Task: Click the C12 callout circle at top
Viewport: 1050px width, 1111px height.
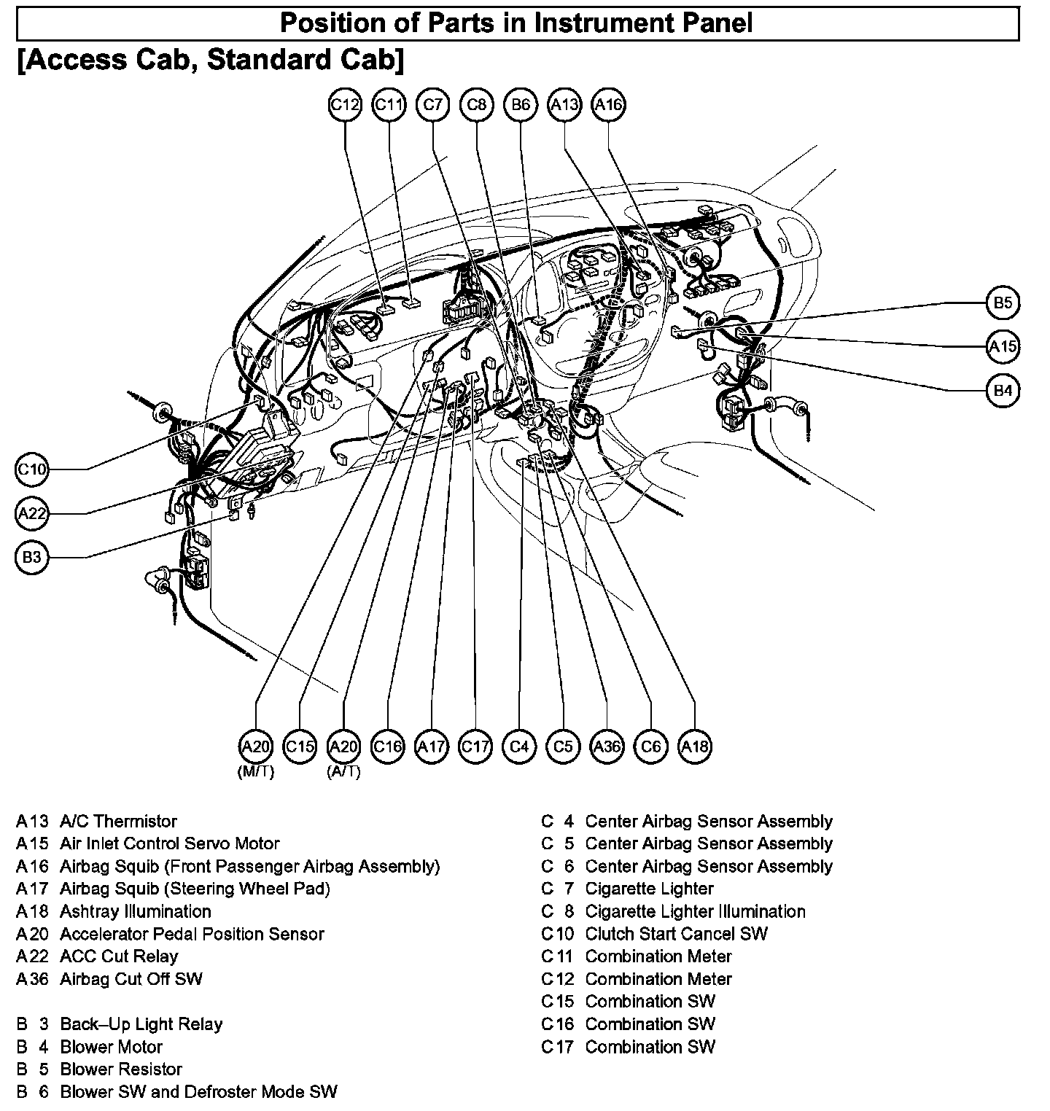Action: coord(345,105)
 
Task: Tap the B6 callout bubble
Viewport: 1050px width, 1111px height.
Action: coord(521,105)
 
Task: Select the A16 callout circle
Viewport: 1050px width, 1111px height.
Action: coord(609,105)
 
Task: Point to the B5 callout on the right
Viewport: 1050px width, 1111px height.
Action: coord(1003,303)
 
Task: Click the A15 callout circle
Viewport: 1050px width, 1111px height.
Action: coord(1003,346)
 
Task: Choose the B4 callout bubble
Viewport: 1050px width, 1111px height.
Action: coord(1003,391)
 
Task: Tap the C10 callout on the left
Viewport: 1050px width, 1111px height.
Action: coord(32,469)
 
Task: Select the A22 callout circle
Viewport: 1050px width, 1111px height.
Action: coord(32,514)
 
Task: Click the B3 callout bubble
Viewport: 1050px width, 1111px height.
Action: coord(32,558)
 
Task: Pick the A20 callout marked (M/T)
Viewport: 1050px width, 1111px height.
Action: coord(256,746)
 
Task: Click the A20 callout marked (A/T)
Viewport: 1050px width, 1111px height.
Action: coord(344,746)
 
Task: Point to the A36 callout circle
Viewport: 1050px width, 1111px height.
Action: coord(607,746)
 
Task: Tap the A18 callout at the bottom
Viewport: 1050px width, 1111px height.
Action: coord(695,746)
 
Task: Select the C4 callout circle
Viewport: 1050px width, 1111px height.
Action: coord(519,746)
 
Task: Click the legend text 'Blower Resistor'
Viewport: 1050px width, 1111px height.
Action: coord(121,1069)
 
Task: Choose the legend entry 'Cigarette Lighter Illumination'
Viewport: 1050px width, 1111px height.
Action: coord(695,911)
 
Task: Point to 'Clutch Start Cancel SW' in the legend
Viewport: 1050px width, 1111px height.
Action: coord(676,934)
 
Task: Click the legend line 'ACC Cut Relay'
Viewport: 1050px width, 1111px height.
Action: coord(119,956)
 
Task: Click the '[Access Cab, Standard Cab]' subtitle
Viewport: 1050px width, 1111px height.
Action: coord(210,60)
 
